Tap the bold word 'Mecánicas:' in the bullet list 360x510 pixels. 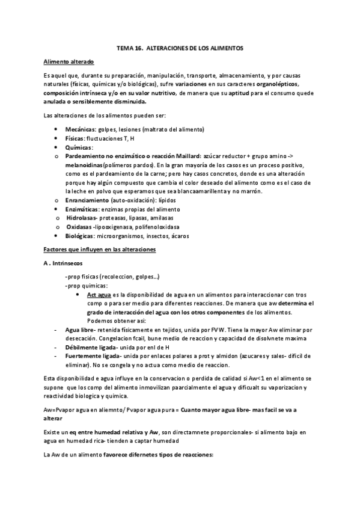point(80,129)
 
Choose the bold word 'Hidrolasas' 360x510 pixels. point(82,218)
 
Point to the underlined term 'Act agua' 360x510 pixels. point(99,295)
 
